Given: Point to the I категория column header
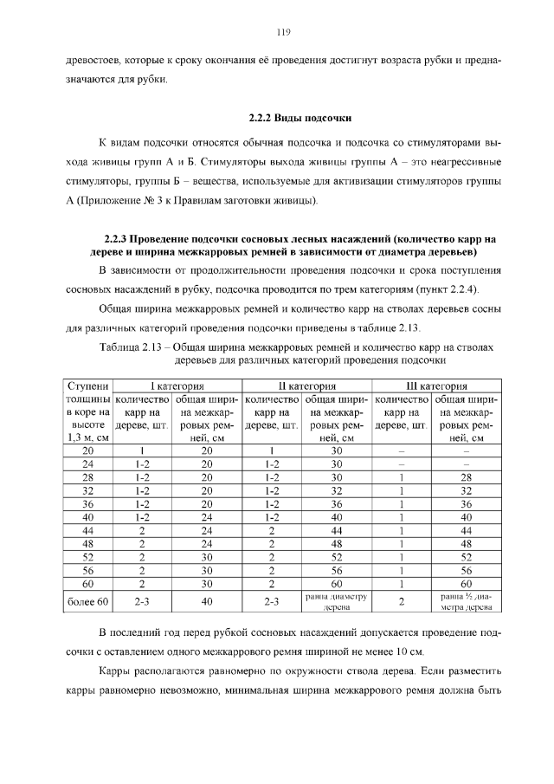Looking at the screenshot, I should (177, 386).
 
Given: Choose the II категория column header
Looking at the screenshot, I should (306, 386).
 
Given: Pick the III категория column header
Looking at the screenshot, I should (436, 386).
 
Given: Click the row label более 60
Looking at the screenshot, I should (88, 600).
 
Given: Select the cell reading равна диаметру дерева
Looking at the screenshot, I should (338, 601).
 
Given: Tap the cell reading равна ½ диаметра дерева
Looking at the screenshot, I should (467, 601).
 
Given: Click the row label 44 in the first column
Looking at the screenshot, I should (88, 530).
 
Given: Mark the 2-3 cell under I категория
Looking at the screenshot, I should (142, 600).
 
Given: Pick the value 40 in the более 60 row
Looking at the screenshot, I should (207, 600).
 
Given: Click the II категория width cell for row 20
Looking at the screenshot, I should (338, 450).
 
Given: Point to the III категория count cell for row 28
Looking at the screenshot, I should (402, 477).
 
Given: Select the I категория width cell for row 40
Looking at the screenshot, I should (207, 517).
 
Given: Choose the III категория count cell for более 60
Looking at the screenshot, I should (402, 600).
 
